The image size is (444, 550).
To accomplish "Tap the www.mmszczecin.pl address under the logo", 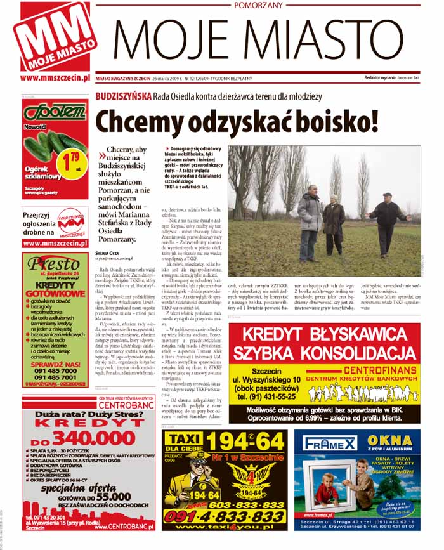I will [54, 78].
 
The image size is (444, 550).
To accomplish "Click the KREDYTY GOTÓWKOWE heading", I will [53, 290].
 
